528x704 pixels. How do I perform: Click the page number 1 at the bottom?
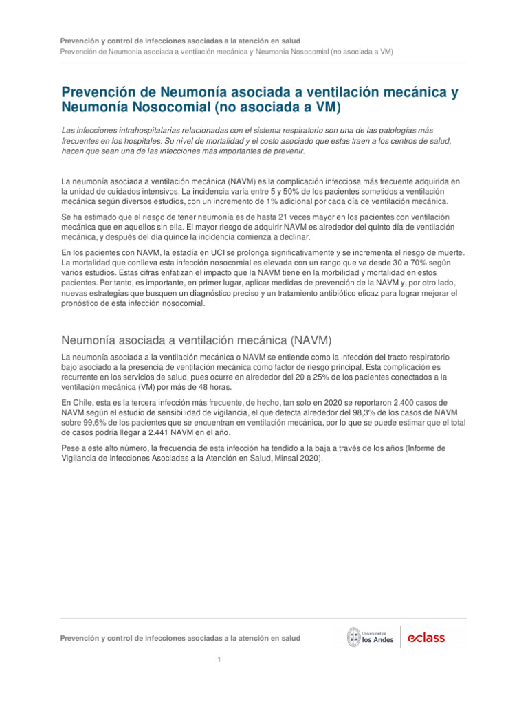[x=219, y=660]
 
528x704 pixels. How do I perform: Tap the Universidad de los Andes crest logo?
[x=354, y=637]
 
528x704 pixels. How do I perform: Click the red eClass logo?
[x=426, y=637]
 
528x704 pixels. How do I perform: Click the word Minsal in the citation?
[x=283, y=459]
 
